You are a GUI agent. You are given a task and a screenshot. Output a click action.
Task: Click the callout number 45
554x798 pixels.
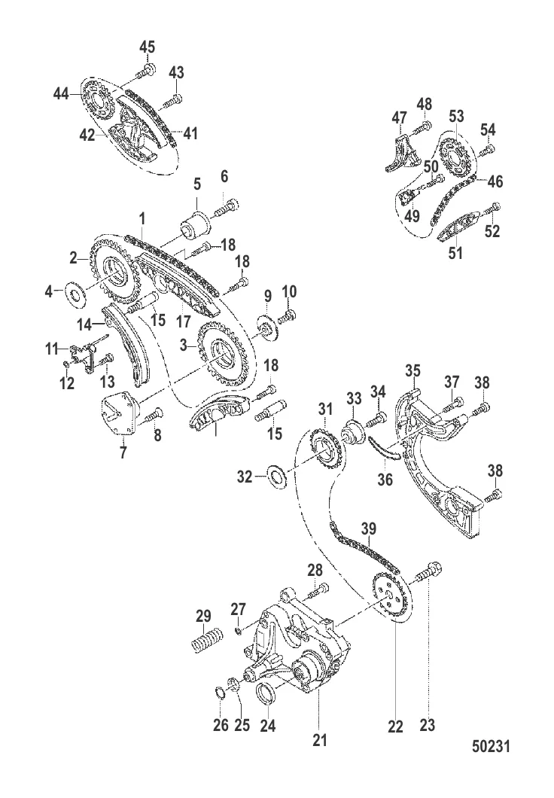click(x=147, y=47)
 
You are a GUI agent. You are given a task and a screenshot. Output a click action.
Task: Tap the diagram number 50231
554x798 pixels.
click(x=491, y=746)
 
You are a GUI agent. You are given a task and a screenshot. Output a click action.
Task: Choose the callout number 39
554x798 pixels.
click(x=368, y=528)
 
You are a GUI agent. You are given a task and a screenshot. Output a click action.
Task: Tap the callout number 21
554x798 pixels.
click(x=320, y=739)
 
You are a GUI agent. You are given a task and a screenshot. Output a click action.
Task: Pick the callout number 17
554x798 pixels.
click(x=183, y=321)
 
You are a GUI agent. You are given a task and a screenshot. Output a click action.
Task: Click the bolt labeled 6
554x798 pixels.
click(x=227, y=209)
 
